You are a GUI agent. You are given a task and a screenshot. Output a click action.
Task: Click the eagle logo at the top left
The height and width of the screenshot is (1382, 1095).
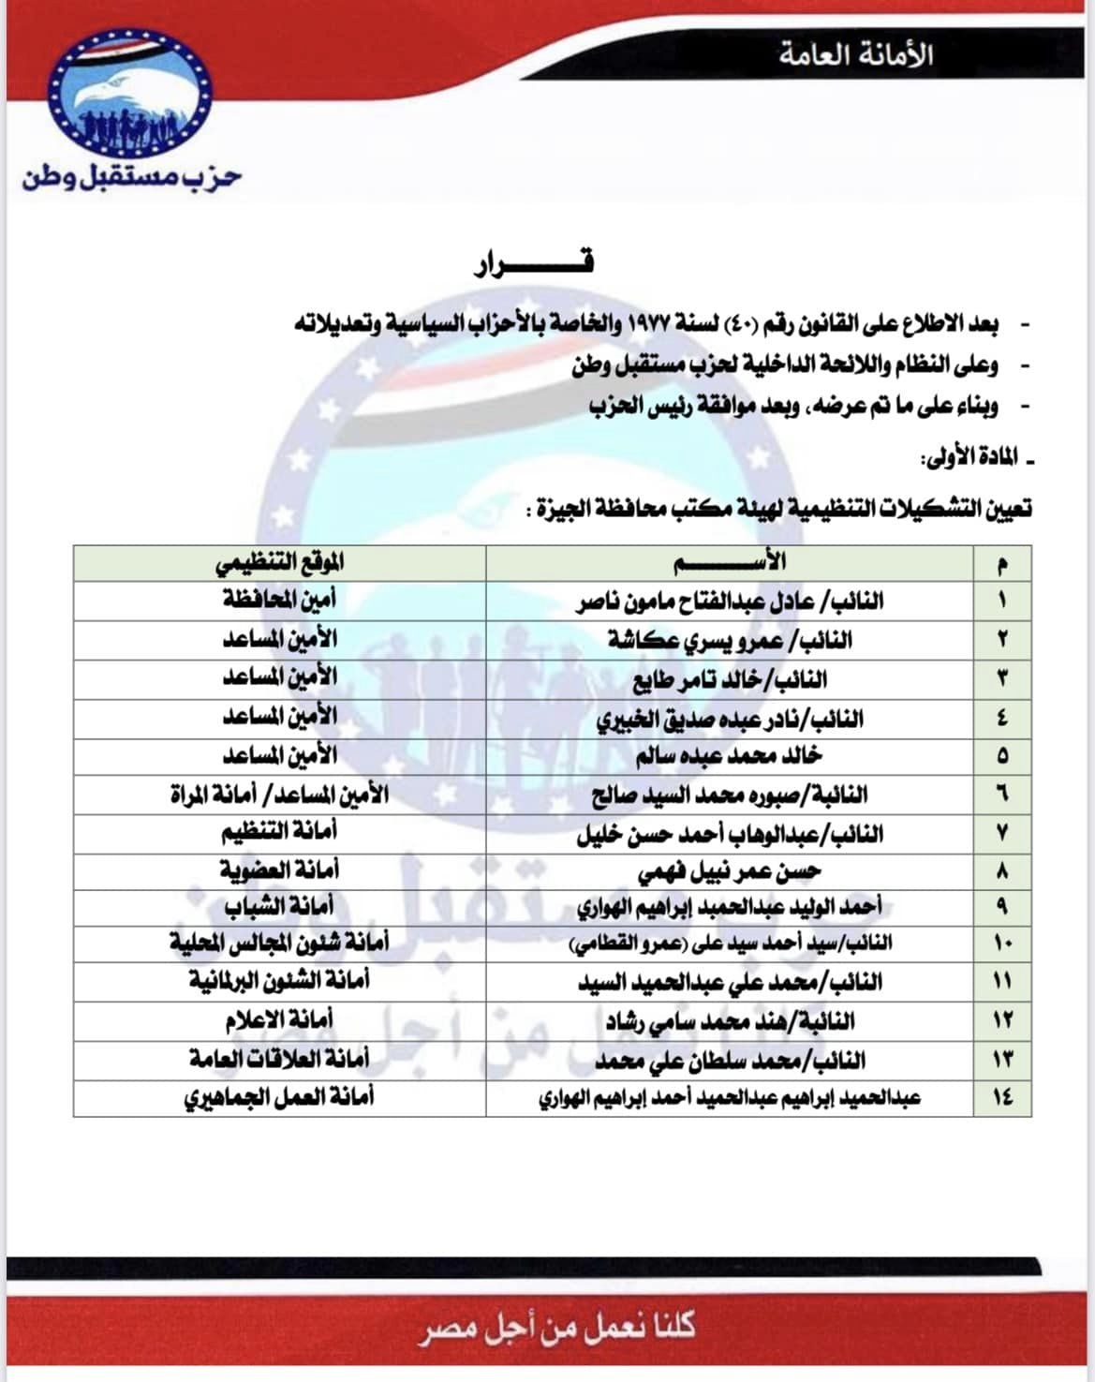pos(131,94)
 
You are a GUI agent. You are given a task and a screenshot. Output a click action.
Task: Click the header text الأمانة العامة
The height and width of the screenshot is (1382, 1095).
pos(854,54)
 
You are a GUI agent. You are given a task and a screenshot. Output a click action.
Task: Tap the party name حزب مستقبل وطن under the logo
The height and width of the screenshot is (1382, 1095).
pos(132,176)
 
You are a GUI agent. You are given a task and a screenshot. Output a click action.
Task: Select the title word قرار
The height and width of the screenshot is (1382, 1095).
pos(534,264)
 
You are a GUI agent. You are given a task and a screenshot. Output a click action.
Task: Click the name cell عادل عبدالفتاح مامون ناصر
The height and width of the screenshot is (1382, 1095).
pos(730,601)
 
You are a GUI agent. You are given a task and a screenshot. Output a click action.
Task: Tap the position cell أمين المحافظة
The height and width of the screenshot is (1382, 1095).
pos(279,600)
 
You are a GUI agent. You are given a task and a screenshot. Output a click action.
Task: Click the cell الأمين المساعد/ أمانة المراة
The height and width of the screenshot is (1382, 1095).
pos(279,795)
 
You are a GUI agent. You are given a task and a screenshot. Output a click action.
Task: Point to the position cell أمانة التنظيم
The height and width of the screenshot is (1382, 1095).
pos(279,832)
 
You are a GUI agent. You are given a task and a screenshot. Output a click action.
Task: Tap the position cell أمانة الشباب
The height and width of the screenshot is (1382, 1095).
pos(279,908)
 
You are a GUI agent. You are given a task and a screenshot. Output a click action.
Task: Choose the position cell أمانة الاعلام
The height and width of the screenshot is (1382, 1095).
pos(279,1019)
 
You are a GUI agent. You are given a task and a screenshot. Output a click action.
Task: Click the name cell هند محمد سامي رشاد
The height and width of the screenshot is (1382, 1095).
pos(730,1020)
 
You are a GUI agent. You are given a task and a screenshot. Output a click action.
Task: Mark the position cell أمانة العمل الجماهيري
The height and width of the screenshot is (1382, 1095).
pos(279,1096)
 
